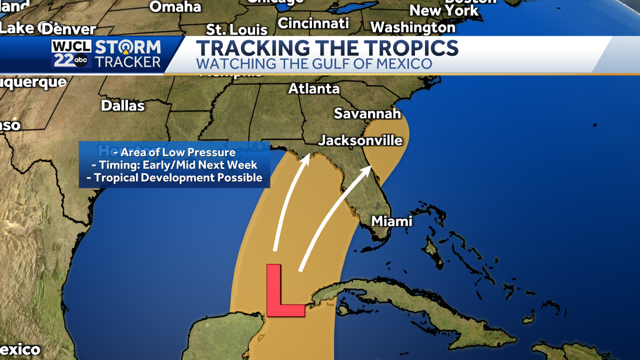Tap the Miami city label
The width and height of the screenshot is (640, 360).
[392, 221]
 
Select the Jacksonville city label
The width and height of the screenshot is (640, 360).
[360, 141]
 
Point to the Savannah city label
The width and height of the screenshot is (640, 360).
[367, 114]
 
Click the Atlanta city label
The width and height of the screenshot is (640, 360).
[314, 89]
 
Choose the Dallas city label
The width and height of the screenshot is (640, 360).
[123, 106]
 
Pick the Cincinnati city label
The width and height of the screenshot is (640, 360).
[313, 23]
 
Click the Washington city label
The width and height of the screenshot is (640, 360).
[413, 27]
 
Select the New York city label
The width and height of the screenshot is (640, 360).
[444, 10]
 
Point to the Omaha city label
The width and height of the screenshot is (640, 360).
[175, 7]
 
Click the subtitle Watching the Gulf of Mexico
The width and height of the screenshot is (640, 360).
[314, 65]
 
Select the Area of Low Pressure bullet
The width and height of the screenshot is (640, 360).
[174, 153]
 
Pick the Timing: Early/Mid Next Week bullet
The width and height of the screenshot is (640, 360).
[174, 165]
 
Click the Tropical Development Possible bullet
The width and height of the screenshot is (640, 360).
[174, 178]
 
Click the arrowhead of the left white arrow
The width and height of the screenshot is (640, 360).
[307, 157]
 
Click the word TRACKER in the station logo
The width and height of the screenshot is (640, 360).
[128, 62]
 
